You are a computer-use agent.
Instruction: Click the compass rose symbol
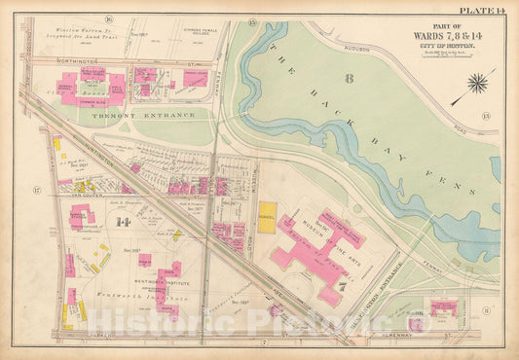pyautogui.click(x=477, y=84)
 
